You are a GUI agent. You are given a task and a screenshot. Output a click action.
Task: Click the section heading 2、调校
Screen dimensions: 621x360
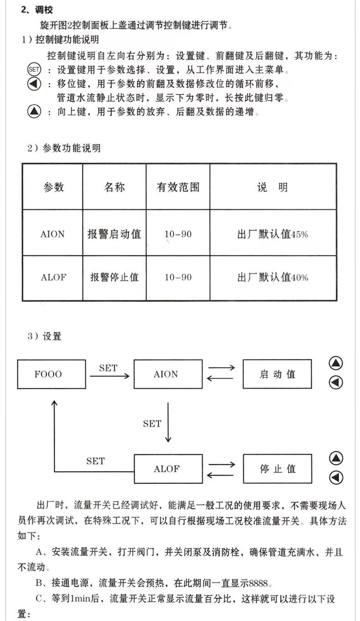tap(37, 10)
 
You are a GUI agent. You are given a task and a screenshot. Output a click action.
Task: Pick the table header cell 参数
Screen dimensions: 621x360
tap(53, 187)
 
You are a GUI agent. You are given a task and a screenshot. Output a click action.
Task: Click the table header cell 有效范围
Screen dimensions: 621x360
tap(178, 187)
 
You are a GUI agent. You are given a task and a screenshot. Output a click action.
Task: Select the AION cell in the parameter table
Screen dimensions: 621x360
tap(53, 234)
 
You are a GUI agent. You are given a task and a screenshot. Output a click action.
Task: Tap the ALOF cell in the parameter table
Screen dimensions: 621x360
tap(53, 277)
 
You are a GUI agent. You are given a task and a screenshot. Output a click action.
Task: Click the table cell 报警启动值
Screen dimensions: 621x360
tap(114, 234)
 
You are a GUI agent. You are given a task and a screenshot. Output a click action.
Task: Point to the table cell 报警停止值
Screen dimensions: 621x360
tap(114, 277)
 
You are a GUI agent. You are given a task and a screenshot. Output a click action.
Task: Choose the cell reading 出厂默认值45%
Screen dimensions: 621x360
tap(273, 234)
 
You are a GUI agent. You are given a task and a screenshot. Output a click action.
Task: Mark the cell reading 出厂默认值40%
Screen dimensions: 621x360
tap(273, 277)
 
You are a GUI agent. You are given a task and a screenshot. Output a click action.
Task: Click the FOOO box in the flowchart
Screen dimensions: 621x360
tap(51, 374)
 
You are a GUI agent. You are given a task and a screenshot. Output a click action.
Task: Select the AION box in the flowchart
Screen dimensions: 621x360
tap(168, 374)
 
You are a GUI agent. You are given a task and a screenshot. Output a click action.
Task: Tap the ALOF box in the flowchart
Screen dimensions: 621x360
tap(168, 469)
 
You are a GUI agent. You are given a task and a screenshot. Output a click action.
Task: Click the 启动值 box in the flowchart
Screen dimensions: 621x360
tap(277, 374)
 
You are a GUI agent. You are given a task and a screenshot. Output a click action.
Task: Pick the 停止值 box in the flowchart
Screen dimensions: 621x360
tap(277, 469)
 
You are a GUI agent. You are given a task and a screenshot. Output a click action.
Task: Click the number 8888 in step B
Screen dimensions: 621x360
tap(254, 583)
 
